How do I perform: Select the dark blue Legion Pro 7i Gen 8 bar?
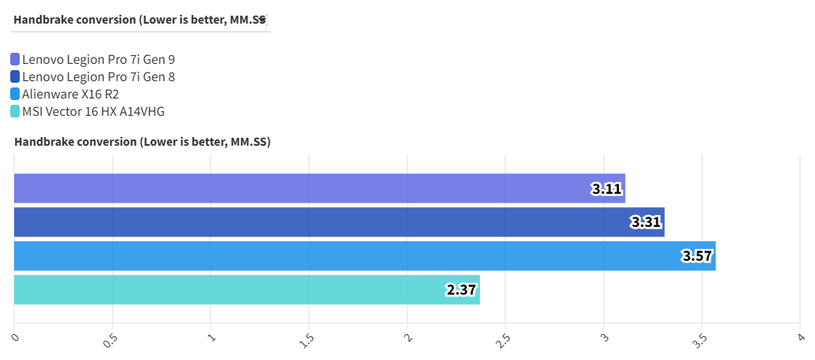339,222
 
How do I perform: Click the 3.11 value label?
605,189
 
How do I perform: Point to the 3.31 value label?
646,223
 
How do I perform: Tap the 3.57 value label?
696,257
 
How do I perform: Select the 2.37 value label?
461,290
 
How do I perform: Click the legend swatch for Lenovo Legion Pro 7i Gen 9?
16,59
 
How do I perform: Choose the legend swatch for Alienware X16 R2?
16,94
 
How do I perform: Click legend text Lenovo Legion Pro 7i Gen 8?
99,76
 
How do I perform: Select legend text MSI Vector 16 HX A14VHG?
94,111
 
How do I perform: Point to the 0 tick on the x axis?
16,338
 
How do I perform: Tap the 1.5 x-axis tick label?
307,340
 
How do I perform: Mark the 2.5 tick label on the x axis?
504,340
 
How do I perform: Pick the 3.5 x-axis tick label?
700,340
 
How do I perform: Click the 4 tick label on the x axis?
800,338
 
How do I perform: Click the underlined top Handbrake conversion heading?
140,20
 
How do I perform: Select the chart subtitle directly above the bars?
142,143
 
